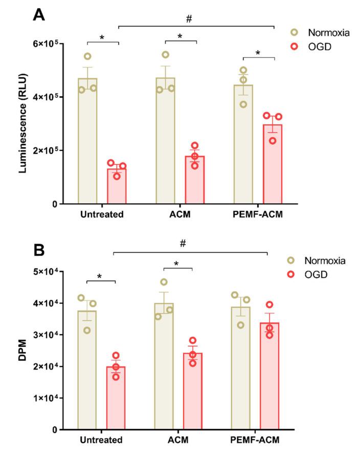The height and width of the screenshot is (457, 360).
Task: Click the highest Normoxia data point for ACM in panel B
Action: click(x=164, y=282)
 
